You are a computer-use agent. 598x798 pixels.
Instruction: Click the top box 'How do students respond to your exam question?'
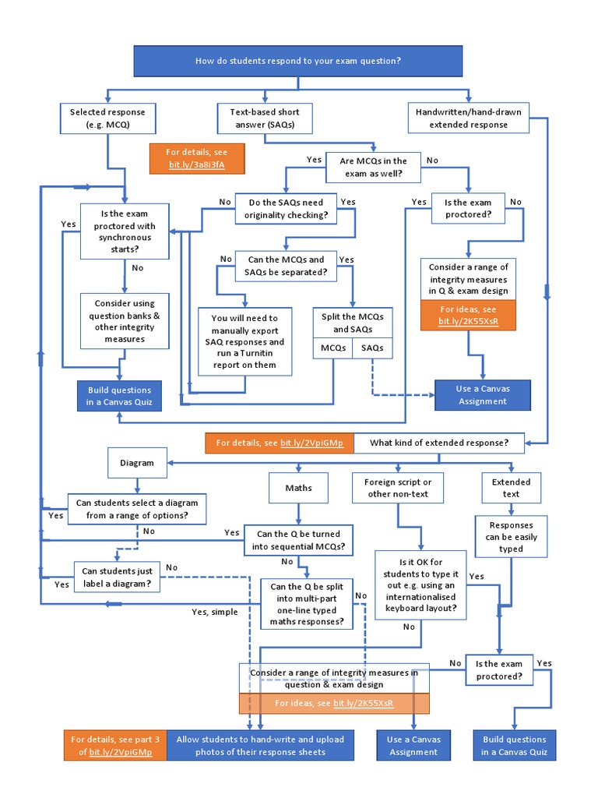pyautogui.click(x=298, y=61)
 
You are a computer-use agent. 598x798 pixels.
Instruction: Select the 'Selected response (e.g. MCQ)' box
pyautogui.click(x=102, y=118)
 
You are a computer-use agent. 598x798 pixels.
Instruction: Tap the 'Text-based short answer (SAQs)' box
pyautogui.click(x=265, y=118)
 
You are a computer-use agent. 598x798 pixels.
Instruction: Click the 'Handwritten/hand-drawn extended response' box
pyautogui.click(x=468, y=118)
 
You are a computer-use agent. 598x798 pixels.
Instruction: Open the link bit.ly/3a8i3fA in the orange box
pyautogui.click(x=197, y=164)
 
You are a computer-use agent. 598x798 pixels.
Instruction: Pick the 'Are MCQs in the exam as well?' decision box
pyautogui.click(x=372, y=168)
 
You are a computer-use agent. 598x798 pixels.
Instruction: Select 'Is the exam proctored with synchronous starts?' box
pyautogui.click(x=125, y=231)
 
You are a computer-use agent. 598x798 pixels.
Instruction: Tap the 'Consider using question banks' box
pyautogui.click(x=125, y=321)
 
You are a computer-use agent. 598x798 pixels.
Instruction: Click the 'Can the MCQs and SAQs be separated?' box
pyautogui.click(x=286, y=266)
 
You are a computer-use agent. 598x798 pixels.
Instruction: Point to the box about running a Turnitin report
pyautogui.click(x=244, y=341)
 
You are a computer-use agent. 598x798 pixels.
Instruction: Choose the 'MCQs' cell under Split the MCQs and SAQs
pyautogui.click(x=333, y=348)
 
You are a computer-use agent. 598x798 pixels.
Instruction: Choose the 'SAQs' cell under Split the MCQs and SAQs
pyautogui.click(x=372, y=348)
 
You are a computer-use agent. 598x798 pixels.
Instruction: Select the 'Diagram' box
pyautogui.click(x=136, y=463)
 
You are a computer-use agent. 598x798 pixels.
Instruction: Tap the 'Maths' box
pyautogui.click(x=298, y=489)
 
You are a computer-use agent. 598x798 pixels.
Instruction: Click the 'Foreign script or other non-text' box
pyautogui.click(x=398, y=488)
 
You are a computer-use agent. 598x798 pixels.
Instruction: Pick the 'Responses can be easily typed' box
pyautogui.click(x=511, y=537)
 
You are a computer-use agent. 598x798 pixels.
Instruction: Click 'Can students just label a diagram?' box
pyautogui.click(x=117, y=577)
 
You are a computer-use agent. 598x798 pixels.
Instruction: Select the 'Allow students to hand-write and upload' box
pyautogui.click(x=260, y=746)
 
